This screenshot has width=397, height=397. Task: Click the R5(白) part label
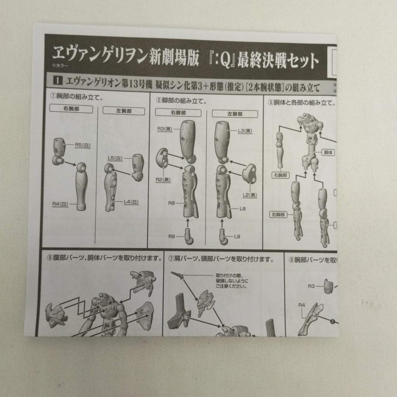83,145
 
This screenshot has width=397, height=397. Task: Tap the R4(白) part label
60,204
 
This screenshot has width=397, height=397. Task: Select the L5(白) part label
115,158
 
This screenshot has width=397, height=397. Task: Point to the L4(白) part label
131,202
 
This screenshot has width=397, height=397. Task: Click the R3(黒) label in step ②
165,129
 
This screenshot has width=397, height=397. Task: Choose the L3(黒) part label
245,131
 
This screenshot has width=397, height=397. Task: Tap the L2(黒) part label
250,195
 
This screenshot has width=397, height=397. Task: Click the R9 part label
172,237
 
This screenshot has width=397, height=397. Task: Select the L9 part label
237,237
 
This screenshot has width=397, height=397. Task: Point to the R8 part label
172,203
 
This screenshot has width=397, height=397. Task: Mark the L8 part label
243,209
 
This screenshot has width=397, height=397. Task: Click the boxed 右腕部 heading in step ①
71,109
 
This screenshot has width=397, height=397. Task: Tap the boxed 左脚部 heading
235,114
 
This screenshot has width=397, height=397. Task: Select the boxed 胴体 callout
328,153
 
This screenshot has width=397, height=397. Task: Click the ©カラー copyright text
60,66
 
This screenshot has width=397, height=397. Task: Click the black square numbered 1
58,81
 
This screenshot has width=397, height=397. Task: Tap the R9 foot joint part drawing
190,236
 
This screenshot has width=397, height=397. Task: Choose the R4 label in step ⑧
302,305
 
